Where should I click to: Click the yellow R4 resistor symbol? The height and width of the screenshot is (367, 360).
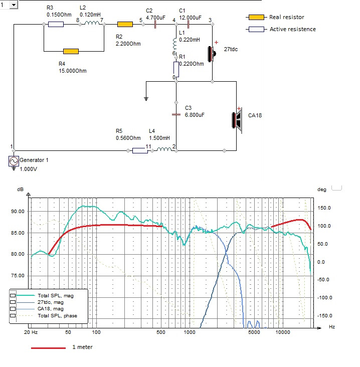pos(71,51)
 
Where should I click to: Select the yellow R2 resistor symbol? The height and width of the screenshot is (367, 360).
pos(124,24)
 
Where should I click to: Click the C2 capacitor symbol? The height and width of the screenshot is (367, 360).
pos(156,24)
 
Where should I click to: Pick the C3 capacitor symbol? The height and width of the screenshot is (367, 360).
pos(175,114)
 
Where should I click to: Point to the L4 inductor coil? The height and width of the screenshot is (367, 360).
pos(163,149)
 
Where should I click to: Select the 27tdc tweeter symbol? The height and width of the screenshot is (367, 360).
pos(212,52)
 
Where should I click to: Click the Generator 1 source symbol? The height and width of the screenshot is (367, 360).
pos(13,161)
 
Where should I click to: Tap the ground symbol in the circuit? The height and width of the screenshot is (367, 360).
pos(145,98)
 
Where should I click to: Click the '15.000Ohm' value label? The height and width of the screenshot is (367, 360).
pos(73,71)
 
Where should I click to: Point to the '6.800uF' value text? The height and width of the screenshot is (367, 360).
pos(195,115)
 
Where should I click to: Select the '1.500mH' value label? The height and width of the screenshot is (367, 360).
pos(159,138)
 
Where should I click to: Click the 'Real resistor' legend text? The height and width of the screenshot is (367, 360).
pos(287,17)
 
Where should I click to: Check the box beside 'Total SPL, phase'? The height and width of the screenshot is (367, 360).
pos(14,315)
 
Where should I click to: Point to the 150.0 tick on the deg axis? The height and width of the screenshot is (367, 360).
pos(326,207)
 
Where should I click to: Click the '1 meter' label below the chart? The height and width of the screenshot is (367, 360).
pos(83,347)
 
